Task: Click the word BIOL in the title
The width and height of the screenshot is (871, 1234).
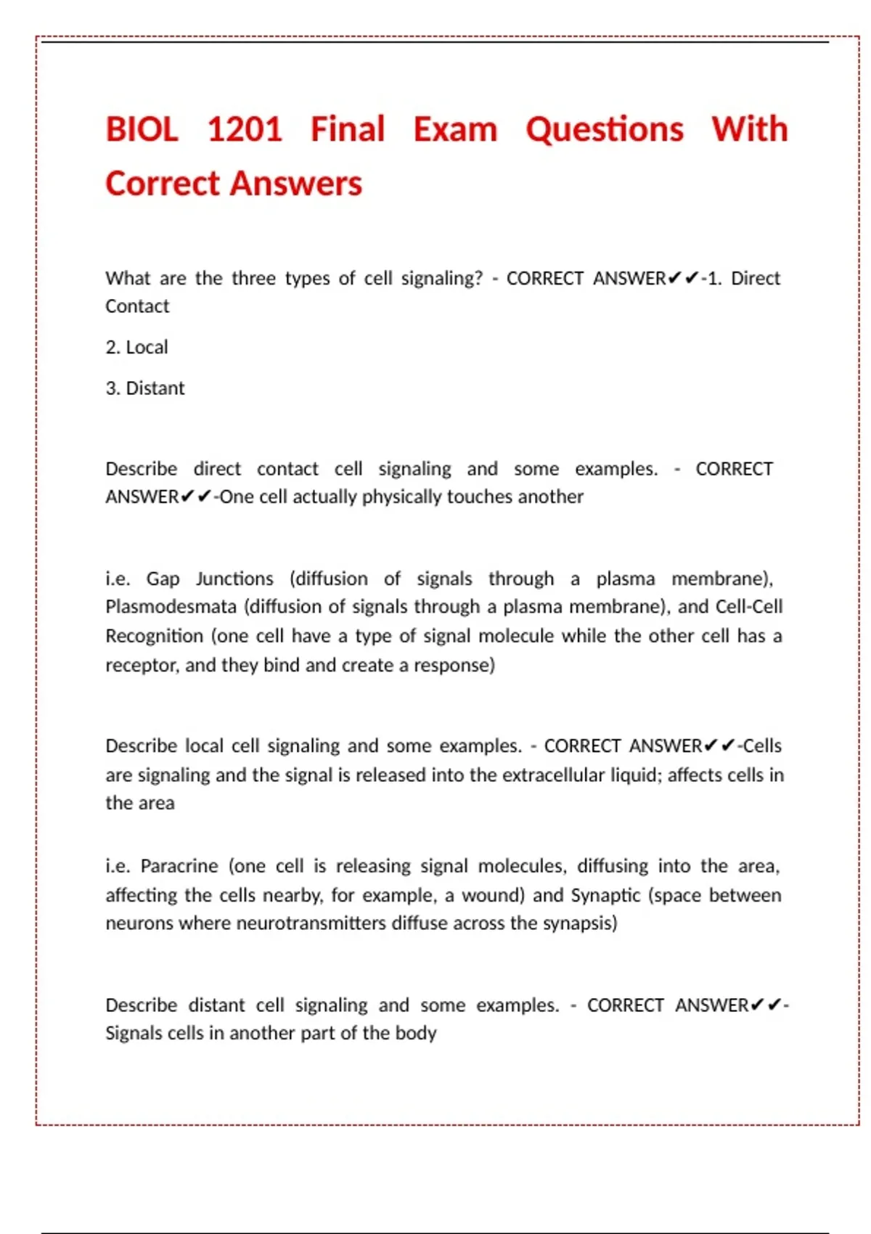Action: pyautogui.click(x=142, y=130)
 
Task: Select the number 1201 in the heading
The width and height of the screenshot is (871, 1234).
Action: pyautogui.click(x=245, y=130)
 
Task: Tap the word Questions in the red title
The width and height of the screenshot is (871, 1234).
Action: pyautogui.click(x=605, y=130)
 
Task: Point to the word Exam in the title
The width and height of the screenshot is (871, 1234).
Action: pyautogui.click(x=455, y=130)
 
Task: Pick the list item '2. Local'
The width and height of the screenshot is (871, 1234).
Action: pyautogui.click(x=136, y=348)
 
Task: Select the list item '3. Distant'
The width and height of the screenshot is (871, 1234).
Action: pyautogui.click(x=145, y=388)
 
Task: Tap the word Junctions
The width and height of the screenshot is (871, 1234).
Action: pyautogui.click(x=234, y=579)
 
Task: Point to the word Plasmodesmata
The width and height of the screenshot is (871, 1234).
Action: pyautogui.click(x=171, y=607)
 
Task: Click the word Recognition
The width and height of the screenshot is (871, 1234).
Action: pyautogui.click(x=155, y=637)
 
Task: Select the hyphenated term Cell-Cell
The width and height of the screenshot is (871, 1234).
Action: pyautogui.click(x=749, y=607)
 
